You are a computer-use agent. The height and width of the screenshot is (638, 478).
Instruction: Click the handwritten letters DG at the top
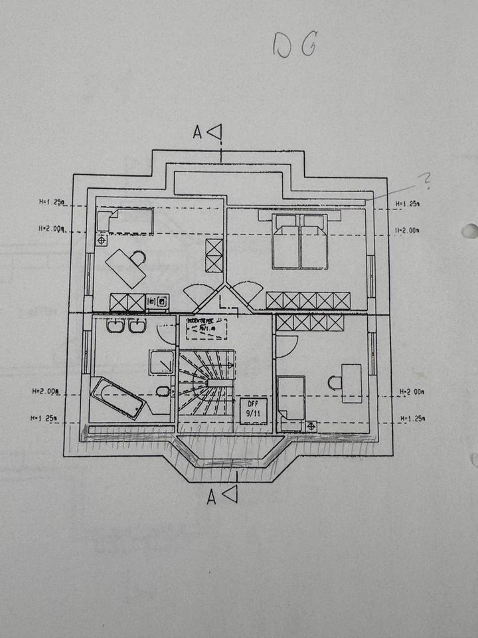click(x=295, y=46)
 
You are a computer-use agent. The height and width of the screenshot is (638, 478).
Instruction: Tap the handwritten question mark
click(x=424, y=179)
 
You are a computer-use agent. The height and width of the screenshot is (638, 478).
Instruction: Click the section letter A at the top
click(x=197, y=133)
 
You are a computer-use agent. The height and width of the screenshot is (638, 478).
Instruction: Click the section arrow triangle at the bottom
click(x=230, y=494)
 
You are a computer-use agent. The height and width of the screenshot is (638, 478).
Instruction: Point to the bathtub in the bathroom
click(x=118, y=397)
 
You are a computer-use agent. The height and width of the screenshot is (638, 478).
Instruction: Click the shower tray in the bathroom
click(x=162, y=363)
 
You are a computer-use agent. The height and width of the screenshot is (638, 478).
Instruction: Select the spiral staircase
click(x=206, y=382)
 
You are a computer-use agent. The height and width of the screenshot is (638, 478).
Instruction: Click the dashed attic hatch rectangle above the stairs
click(x=206, y=329)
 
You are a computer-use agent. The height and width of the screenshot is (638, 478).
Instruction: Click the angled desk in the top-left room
click(x=126, y=268)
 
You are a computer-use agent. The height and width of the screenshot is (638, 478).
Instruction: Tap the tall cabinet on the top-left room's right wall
click(x=214, y=255)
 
